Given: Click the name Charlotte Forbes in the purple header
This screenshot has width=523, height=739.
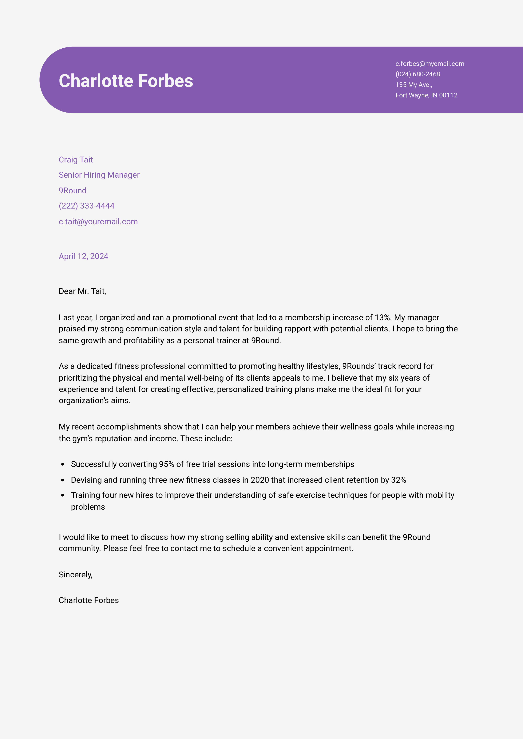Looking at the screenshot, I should coord(126,81).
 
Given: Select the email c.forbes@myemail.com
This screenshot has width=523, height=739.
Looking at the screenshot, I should coord(429,64).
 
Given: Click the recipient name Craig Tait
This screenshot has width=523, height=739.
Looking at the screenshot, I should coord(76,160).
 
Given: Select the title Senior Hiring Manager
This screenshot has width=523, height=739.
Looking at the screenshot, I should coord(99,175).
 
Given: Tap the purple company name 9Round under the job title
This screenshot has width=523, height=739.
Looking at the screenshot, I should coord(72,191).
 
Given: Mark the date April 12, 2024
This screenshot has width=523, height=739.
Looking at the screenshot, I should coord(83,256).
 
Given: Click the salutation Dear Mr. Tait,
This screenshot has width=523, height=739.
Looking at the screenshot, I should coord(82,291).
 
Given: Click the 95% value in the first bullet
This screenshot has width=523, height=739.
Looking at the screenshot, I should coord(166,464).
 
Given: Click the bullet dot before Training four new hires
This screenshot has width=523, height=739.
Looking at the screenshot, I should coord(63,495).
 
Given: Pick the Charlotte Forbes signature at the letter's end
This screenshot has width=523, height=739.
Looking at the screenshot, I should coord(89,600).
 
